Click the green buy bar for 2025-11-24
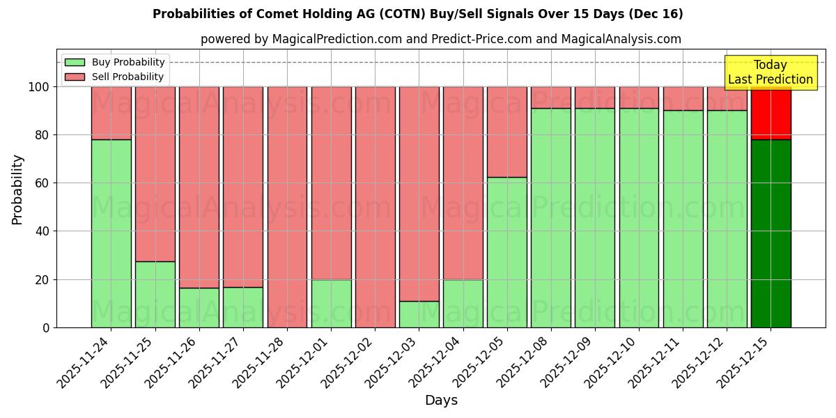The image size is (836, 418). point(111,233)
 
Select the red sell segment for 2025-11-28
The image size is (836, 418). point(287,207)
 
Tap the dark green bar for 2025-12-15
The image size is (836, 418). point(771,233)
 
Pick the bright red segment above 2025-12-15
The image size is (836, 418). point(771,114)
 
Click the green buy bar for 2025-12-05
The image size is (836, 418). point(506,252)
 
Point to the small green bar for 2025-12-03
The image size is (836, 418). point(419,314)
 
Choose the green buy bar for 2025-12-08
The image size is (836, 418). point(550,217)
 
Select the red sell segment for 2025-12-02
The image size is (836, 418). point(375,207)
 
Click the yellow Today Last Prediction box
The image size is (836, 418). point(771,72)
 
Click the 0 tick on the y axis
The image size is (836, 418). point(46,327)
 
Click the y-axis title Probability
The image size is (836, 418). point(17,189)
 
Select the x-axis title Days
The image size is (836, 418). point(441,401)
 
